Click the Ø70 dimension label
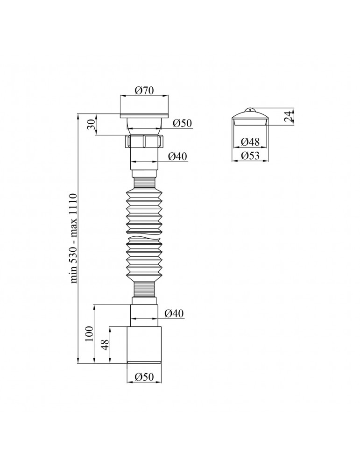click(x=145, y=92)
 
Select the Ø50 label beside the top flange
click(x=182, y=123)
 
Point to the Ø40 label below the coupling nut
click(x=177, y=156)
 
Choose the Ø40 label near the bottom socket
click(x=176, y=313)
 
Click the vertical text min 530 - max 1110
click(x=74, y=238)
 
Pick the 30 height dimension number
click(x=92, y=125)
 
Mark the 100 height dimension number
click(x=90, y=333)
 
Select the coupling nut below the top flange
click(x=144, y=142)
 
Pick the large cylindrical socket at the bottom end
click(x=144, y=345)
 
